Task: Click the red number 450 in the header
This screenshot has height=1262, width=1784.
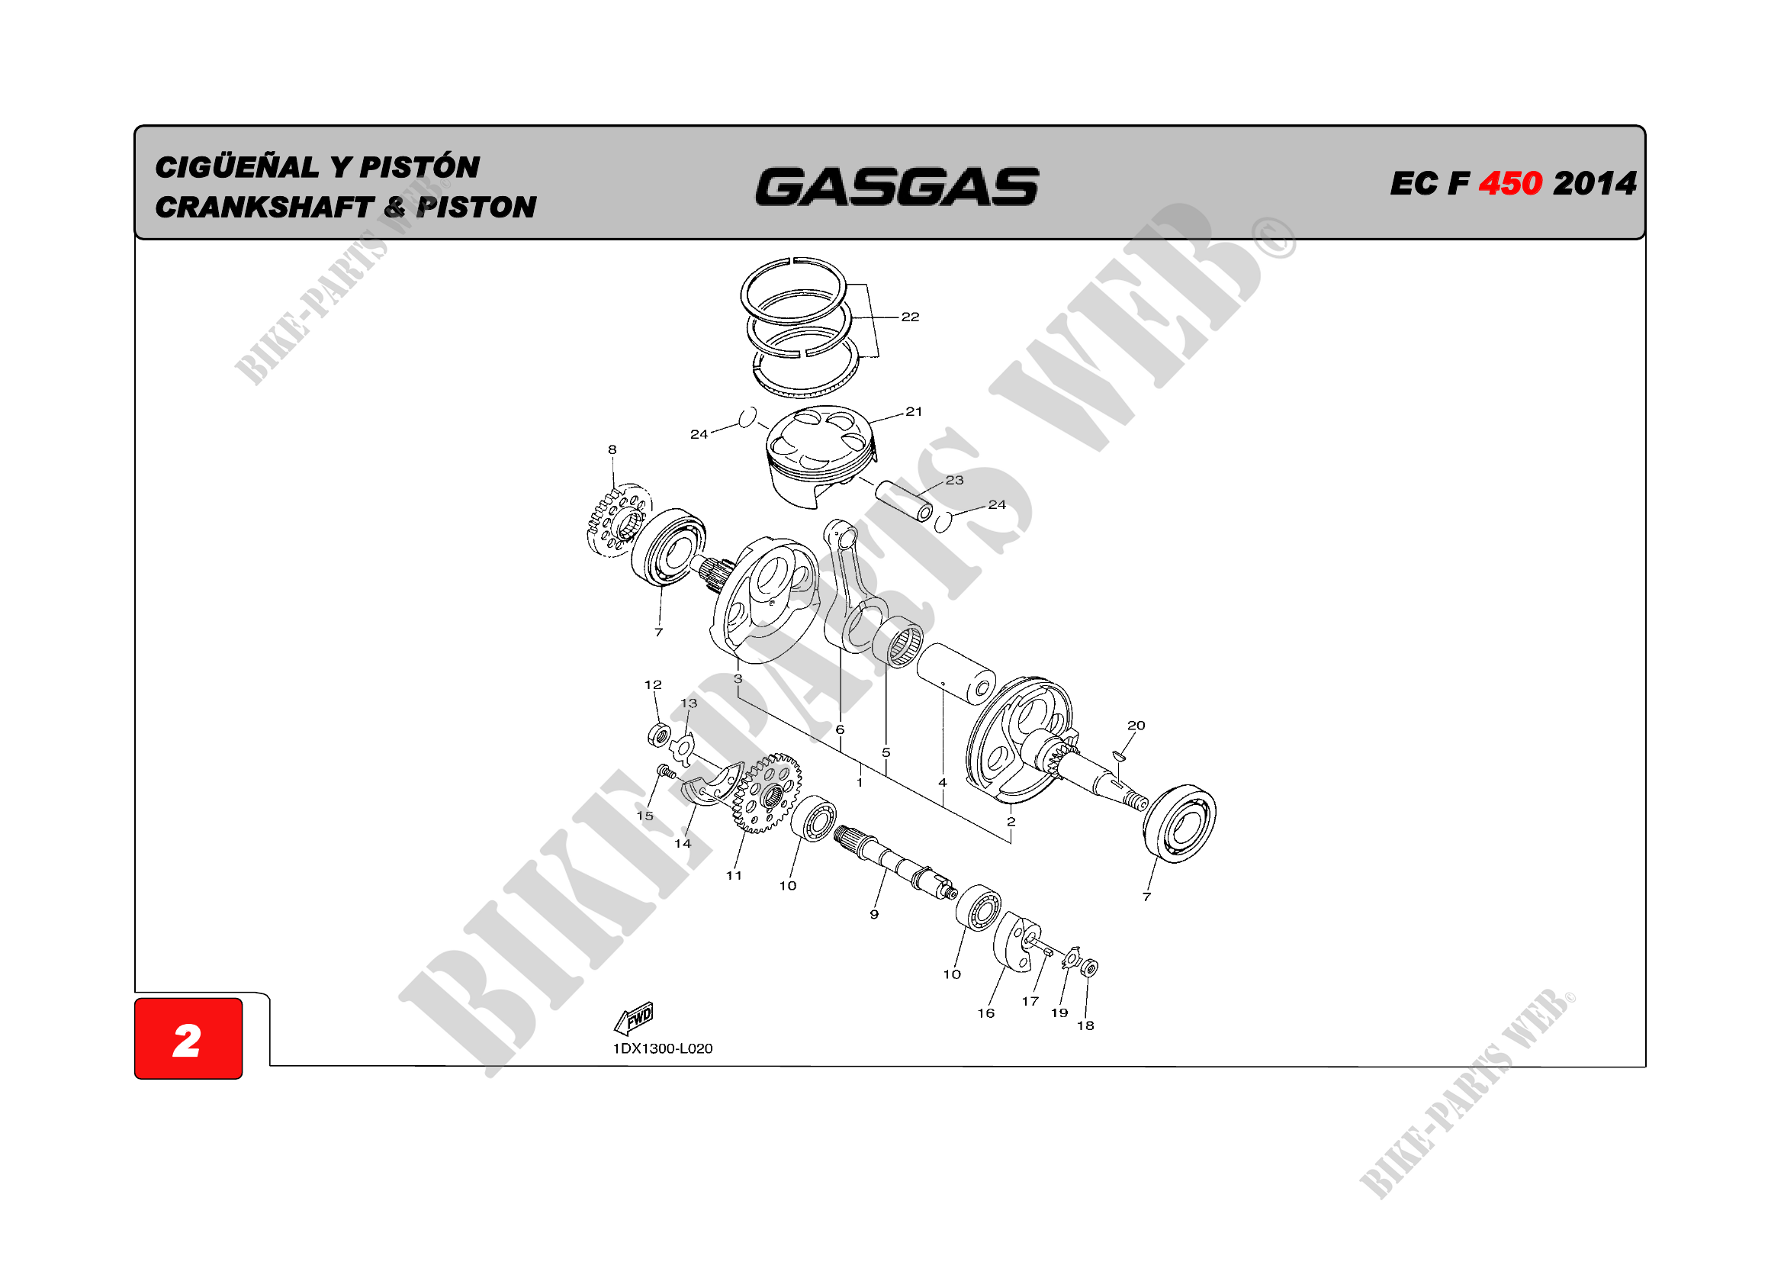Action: click(1509, 184)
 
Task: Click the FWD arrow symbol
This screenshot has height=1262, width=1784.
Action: click(635, 1017)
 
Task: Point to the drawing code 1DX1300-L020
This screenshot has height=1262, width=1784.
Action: click(662, 1048)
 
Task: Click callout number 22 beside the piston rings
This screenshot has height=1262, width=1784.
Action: click(910, 317)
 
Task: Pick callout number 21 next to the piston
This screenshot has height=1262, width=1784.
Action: click(914, 411)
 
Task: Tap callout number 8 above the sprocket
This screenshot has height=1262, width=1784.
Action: click(612, 449)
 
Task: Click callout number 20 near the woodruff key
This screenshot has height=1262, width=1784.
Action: click(1136, 725)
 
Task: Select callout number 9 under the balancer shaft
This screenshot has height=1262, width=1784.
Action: click(874, 915)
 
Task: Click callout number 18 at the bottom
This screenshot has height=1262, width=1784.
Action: click(1085, 1025)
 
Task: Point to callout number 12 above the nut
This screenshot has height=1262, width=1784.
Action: click(653, 684)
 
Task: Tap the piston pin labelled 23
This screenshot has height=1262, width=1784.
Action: click(905, 501)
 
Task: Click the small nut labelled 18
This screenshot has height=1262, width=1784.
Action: click(1089, 967)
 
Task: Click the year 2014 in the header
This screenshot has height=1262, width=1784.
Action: click(1594, 184)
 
